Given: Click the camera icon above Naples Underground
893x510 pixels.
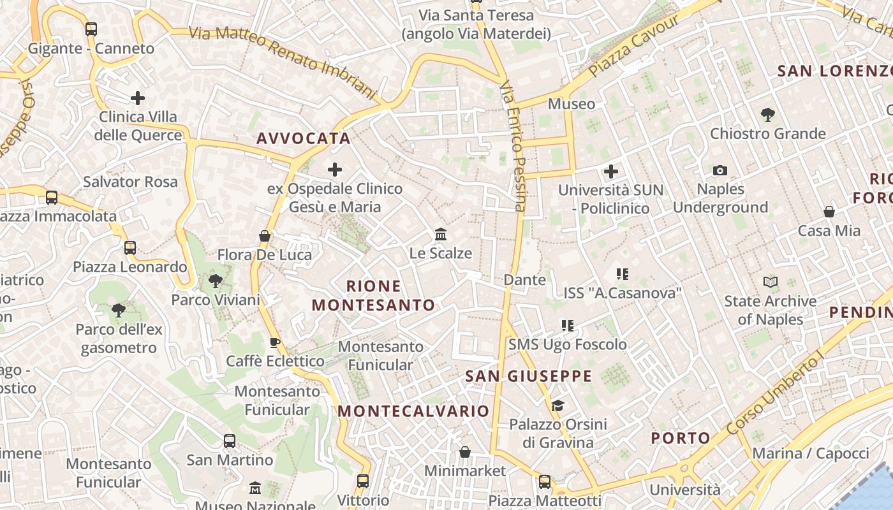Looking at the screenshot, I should [720, 170].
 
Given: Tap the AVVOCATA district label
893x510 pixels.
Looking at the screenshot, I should [304, 138].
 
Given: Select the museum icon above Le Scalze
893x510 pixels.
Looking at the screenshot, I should [441, 235].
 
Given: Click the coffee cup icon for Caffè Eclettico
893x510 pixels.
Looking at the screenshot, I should [275, 342].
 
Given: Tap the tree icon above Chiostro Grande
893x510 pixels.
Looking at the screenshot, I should [768, 115].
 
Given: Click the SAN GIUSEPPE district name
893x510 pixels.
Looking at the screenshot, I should [529, 376].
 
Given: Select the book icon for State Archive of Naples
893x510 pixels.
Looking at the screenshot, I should [771, 282].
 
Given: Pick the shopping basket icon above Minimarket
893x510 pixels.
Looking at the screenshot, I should [465, 452].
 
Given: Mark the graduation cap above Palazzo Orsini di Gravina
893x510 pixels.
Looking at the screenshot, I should [557, 405].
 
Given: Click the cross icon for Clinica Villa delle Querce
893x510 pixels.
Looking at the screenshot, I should [138, 98].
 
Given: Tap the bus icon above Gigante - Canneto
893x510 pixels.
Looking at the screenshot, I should [91, 29].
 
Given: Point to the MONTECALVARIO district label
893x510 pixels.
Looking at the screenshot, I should [413, 411].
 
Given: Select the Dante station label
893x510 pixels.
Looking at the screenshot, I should [525, 279].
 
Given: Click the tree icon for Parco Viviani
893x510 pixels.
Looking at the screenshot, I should [216, 280].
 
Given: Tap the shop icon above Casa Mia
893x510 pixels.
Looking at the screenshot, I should [829, 212].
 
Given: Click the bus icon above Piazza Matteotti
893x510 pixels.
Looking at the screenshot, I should [545, 482].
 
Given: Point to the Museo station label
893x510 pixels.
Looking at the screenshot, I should [572, 103].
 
